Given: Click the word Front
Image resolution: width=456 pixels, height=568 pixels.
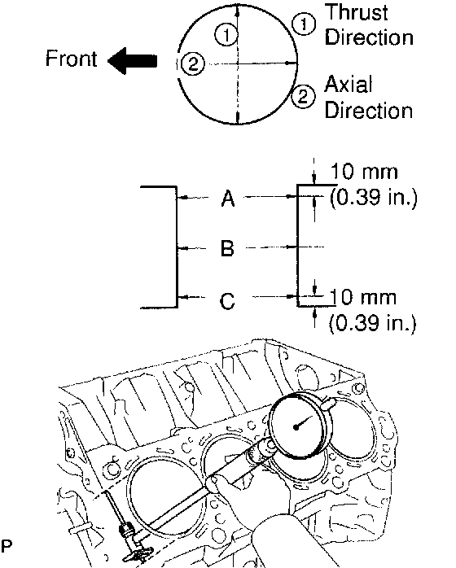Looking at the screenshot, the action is [71, 59].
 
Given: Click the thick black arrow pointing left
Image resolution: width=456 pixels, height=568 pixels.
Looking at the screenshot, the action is [132, 61].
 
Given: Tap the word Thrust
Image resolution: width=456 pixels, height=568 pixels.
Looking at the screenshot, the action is [356, 13].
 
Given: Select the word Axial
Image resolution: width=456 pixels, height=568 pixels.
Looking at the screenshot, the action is [348, 85].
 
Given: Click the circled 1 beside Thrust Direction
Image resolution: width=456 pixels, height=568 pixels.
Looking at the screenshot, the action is [304, 24].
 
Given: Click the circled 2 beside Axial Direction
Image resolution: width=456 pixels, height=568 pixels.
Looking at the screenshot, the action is [303, 96].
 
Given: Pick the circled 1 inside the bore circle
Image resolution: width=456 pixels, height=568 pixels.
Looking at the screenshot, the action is [226, 35].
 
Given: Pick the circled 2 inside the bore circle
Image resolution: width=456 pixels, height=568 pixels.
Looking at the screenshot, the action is [193, 64].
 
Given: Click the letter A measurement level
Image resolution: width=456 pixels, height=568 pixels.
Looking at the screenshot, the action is [228, 199].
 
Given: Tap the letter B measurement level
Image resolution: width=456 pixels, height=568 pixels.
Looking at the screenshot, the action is [227, 248].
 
